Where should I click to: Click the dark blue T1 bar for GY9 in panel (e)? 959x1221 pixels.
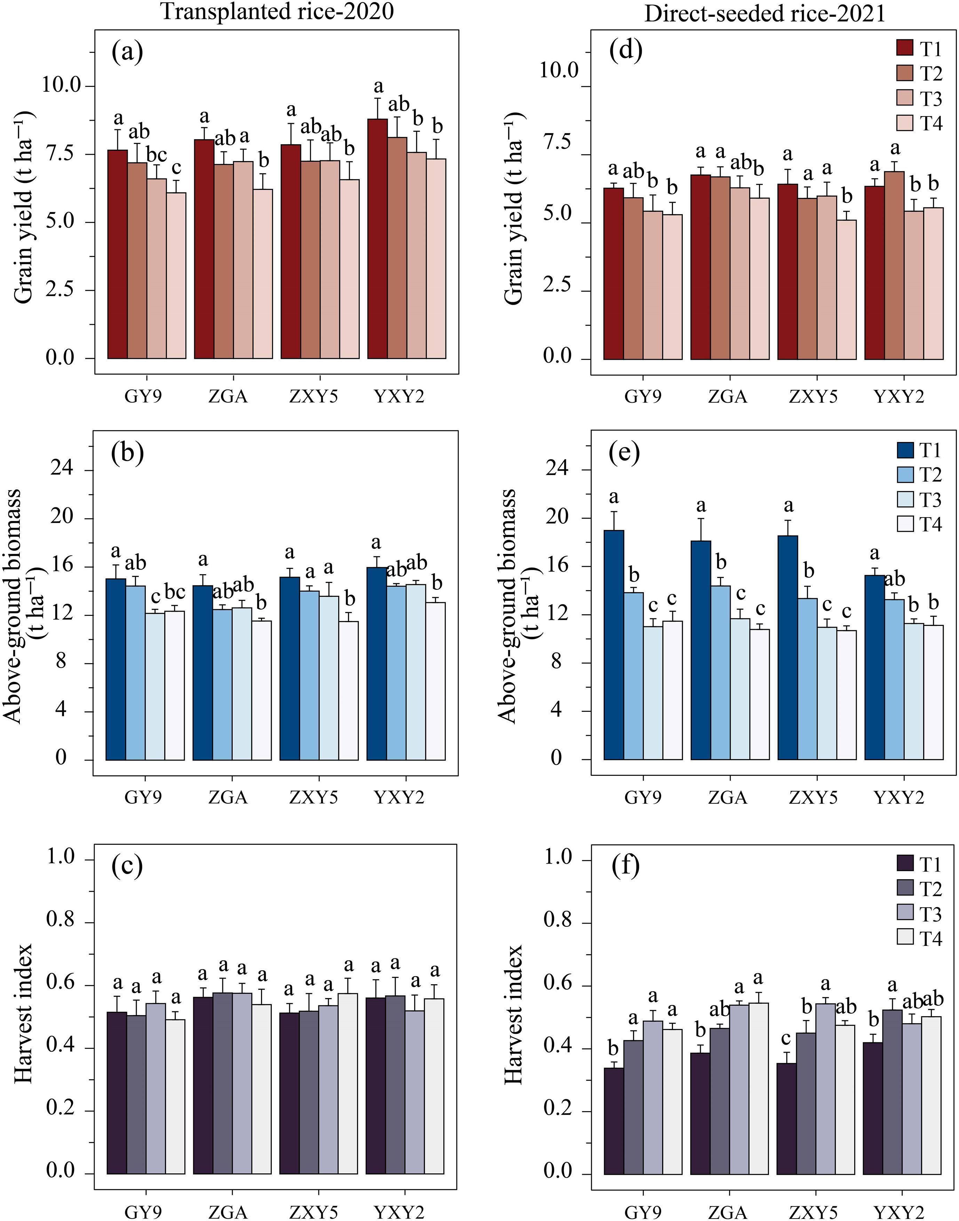pos(614,645)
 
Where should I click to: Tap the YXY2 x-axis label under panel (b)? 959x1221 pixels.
pos(399,797)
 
